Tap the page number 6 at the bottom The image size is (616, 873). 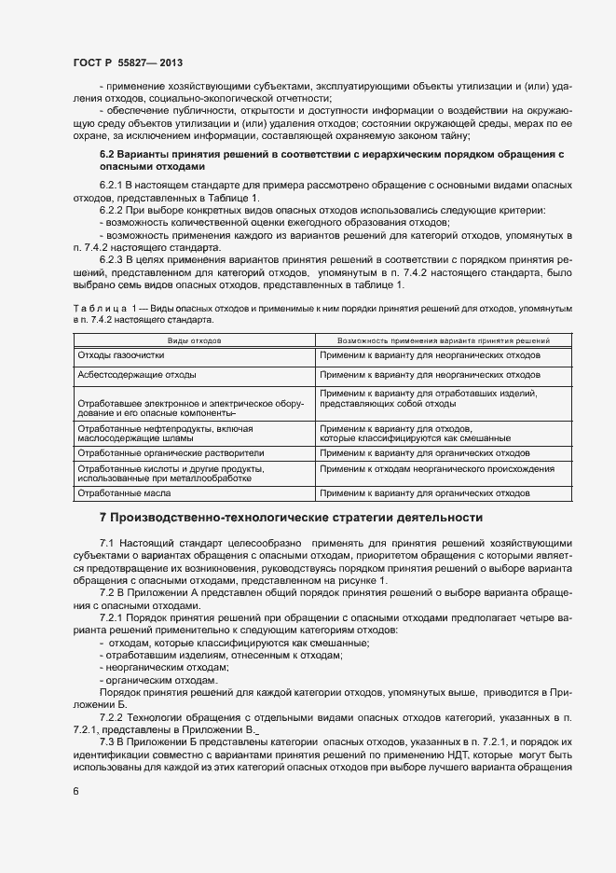click(76, 792)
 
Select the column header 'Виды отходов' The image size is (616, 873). click(194, 341)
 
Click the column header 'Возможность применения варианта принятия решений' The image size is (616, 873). click(429, 341)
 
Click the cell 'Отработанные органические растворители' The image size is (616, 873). click(171, 452)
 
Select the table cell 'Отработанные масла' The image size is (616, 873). click(123, 492)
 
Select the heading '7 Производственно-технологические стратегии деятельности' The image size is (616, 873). click(291, 517)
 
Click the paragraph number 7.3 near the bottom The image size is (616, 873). click(108, 740)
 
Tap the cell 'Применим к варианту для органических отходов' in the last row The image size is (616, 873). click(424, 492)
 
